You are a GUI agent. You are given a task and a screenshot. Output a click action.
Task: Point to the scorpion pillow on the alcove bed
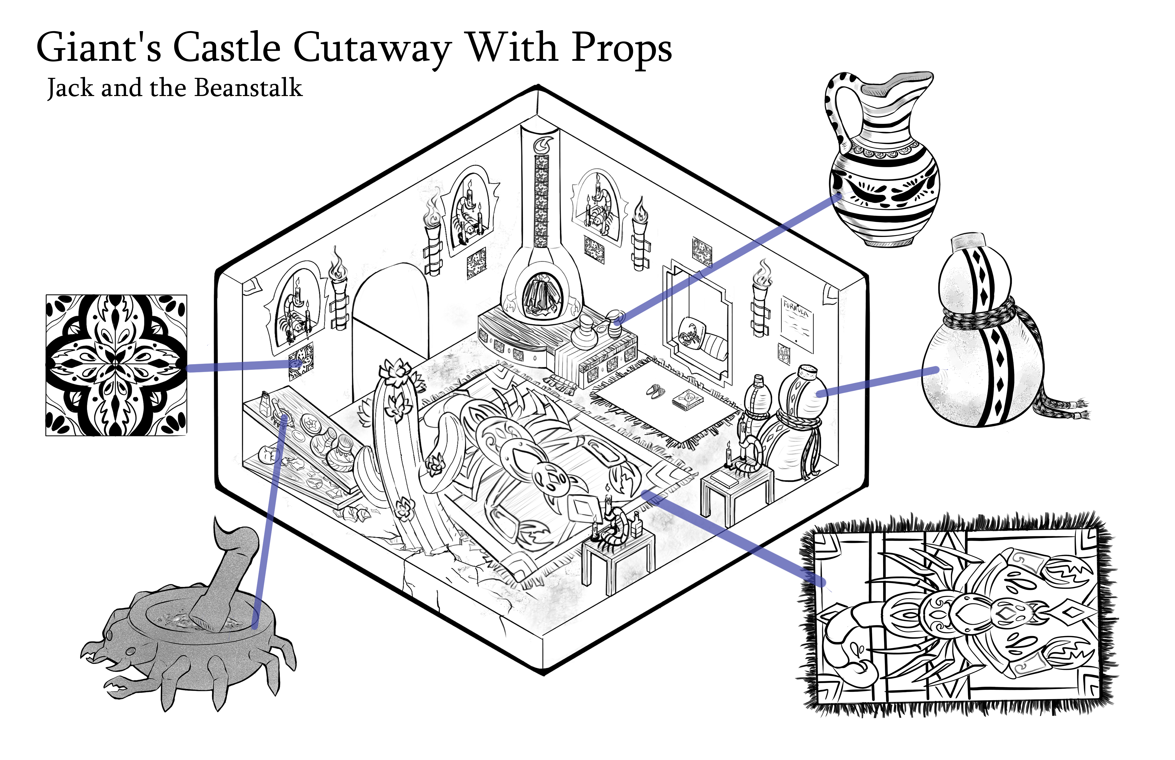pos(690,332)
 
